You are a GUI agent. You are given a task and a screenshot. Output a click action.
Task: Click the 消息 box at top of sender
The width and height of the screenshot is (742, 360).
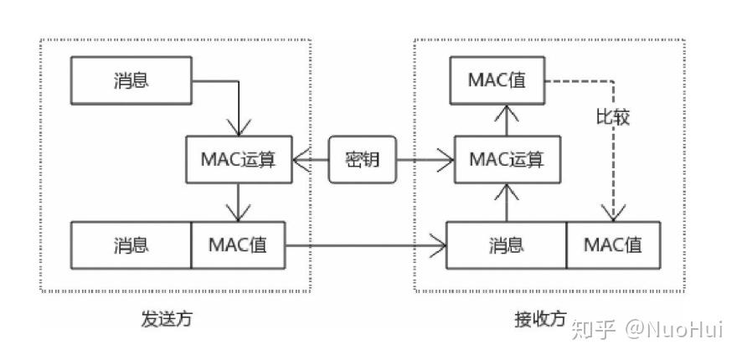pos(131,80)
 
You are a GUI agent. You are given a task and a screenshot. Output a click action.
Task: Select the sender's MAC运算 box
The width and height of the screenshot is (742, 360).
pos(239,159)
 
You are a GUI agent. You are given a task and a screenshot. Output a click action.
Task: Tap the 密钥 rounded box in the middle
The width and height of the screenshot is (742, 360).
pos(362,159)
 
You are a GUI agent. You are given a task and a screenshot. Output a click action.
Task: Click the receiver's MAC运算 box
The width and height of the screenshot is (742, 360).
pos(505,159)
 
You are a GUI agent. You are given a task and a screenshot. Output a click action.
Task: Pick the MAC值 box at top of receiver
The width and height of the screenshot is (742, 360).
pos(497,80)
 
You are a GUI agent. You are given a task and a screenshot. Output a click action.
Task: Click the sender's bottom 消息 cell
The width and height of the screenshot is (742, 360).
pos(131,245)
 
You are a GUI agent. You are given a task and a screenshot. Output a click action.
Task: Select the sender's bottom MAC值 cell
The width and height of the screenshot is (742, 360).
pos(239,245)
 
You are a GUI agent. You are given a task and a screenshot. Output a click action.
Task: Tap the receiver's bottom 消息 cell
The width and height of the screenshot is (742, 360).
pos(506,245)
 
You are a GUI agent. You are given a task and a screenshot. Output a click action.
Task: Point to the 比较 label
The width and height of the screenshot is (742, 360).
pos(612,117)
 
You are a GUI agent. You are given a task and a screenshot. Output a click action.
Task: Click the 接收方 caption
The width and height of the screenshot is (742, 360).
pos(540,320)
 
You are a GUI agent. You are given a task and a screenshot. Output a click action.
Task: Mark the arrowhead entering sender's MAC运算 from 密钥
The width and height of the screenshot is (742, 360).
pos(296,159)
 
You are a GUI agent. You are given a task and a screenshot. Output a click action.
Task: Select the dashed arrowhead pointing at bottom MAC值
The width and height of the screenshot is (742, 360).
pos(614,216)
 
